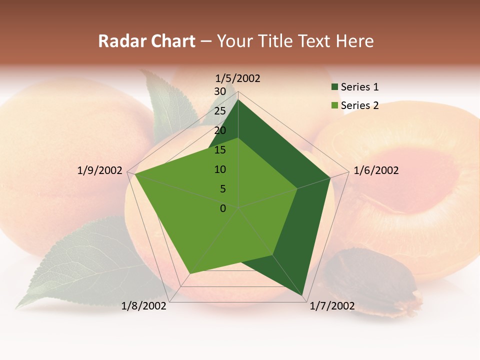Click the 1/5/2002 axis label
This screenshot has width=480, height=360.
(x=237, y=78)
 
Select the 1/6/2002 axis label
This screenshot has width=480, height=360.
(x=376, y=170)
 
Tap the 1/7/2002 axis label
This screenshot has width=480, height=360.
(x=332, y=306)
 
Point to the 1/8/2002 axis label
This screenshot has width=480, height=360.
(x=144, y=306)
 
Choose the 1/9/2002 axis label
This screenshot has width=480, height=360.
(x=99, y=170)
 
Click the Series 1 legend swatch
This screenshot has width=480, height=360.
(x=334, y=87)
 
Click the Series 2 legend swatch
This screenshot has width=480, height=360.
(x=334, y=105)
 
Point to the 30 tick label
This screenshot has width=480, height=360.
(x=220, y=91)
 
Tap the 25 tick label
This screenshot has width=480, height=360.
(x=220, y=111)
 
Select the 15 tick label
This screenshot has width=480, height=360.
(x=220, y=150)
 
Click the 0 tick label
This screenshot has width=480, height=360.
(x=223, y=208)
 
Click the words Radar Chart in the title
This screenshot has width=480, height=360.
(x=146, y=41)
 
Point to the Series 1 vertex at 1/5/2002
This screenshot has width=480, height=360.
(x=238, y=99)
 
